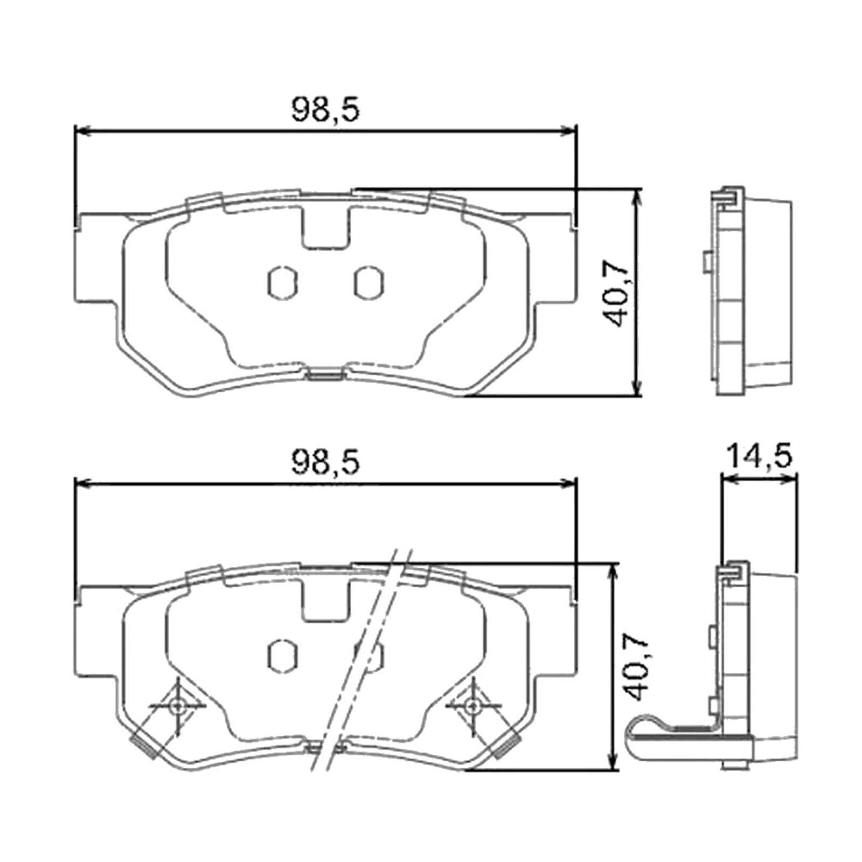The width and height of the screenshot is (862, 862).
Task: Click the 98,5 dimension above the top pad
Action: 325,110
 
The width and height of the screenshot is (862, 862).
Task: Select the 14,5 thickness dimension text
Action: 760,456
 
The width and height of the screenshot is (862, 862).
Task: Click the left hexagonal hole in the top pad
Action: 283,282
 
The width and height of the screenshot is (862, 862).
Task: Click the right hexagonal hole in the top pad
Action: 369,282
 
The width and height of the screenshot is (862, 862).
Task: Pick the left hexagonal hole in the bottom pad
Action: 283,656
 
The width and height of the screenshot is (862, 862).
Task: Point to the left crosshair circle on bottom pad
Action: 177,705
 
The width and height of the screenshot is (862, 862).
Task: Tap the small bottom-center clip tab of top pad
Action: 325,375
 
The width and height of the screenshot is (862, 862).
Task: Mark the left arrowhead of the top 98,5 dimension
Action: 81,130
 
